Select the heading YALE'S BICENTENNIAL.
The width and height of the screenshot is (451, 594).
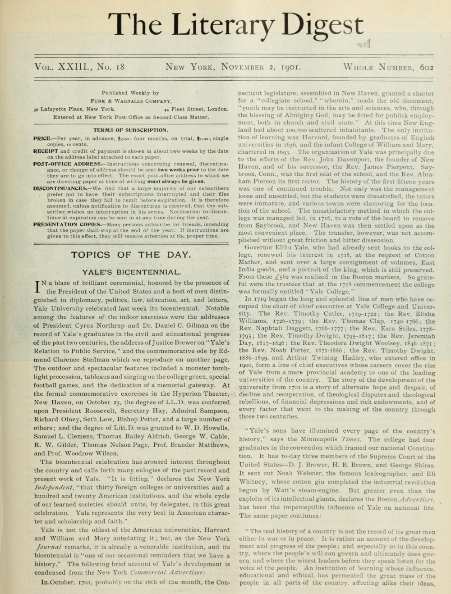pyautogui.click(x=131, y=272)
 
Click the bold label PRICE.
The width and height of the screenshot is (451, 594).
pyautogui.click(x=44, y=138)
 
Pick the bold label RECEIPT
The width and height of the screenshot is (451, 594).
pyautogui.click(x=46, y=151)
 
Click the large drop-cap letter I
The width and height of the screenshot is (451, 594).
pyautogui.click(x=37, y=287)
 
